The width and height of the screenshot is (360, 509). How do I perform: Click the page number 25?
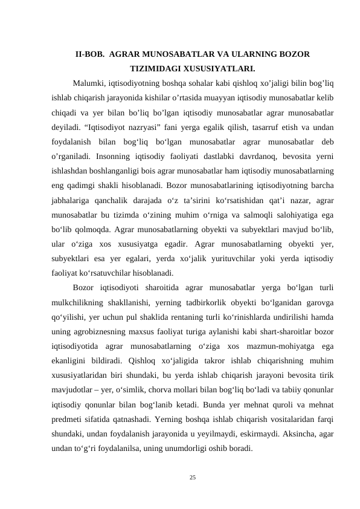coord(192,478)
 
